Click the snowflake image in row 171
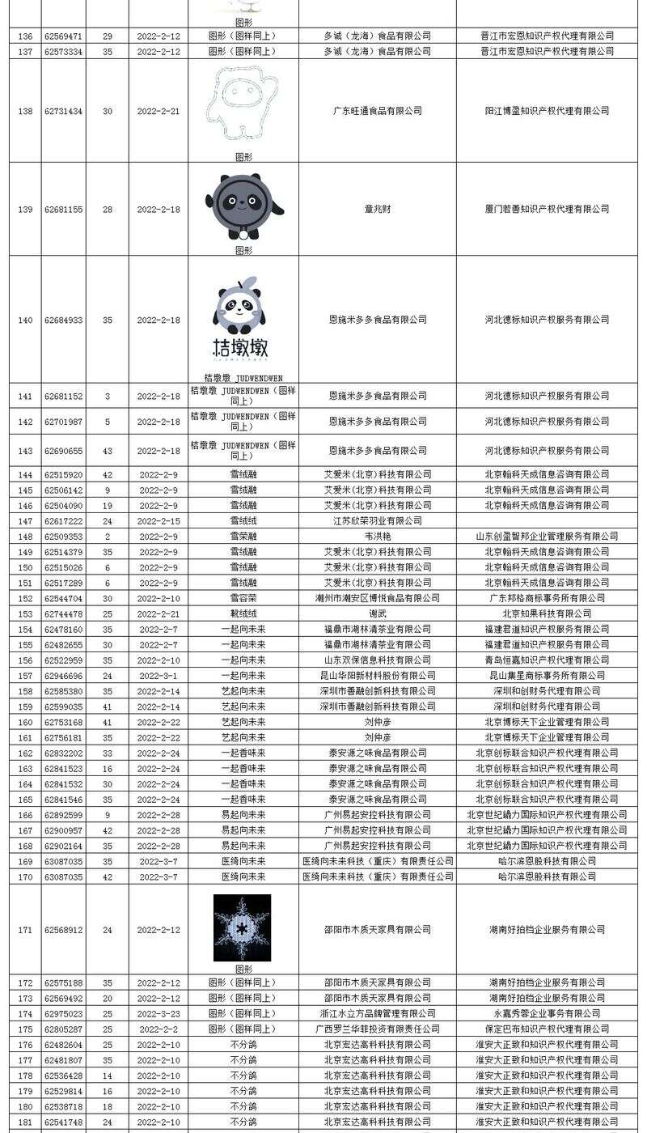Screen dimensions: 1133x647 [242, 927]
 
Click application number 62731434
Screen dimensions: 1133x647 [63, 111]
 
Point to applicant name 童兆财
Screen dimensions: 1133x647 [377, 209]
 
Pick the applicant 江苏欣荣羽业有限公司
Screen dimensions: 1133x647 [377, 521]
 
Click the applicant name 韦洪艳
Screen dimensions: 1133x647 [377, 537]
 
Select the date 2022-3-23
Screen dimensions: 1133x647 [159, 1013]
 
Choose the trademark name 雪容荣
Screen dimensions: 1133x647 [243, 598]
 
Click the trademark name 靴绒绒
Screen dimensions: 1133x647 [243, 613]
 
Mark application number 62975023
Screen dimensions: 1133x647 [63, 1013]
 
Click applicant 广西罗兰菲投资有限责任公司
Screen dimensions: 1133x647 [377, 1029]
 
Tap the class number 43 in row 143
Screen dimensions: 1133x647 [108, 451]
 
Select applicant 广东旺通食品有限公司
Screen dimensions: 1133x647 [377, 111]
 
